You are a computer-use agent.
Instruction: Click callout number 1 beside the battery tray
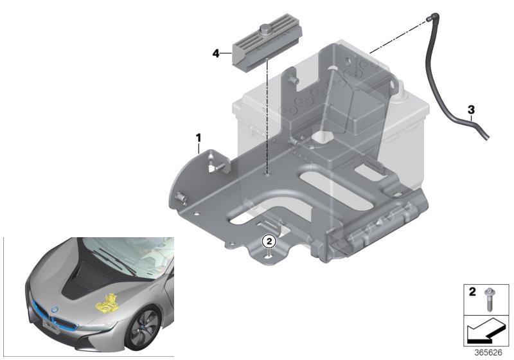pos(199,137)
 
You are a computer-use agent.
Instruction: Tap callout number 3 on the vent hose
pos(471,109)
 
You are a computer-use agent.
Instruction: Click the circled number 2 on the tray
pos(269,242)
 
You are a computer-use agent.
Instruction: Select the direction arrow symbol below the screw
pos(486,332)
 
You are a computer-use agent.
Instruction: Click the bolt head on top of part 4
pos(267,30)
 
